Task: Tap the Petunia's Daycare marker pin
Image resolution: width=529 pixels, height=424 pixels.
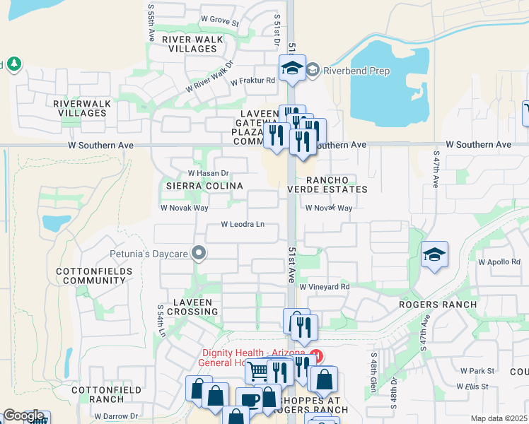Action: coord(199,252)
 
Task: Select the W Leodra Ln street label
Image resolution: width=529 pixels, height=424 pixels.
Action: coord(243,225)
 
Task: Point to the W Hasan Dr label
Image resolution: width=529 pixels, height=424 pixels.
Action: coord(209,173)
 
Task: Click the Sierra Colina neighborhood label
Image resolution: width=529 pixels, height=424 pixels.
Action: coord(204,186)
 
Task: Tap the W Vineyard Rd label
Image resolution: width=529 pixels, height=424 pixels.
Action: coord(325,287)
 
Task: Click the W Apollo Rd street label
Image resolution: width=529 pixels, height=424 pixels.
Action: coord(499,261)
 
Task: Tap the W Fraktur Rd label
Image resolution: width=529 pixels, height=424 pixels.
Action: coord(252,81)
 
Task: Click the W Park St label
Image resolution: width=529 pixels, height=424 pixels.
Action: coord(477,370)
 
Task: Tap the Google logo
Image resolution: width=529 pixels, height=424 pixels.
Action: coord(23,416)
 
